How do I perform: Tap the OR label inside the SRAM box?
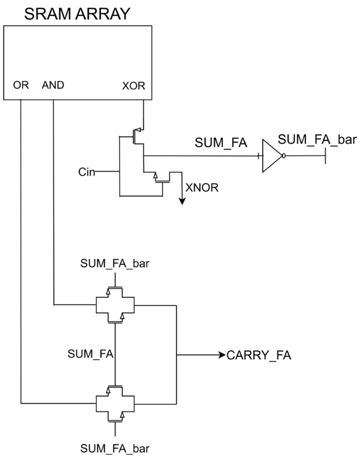tap(21, 85)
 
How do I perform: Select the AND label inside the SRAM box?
tap(53, 85)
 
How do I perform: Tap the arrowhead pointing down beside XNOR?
tap(181, 200)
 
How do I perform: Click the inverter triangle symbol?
tap(271, 156)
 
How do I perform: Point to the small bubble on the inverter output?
tap(284, 156)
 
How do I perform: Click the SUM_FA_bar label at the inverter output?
tap(310, 139)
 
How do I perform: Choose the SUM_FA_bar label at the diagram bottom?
tap(115, 448)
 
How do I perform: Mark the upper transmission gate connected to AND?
tap(115, 304)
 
